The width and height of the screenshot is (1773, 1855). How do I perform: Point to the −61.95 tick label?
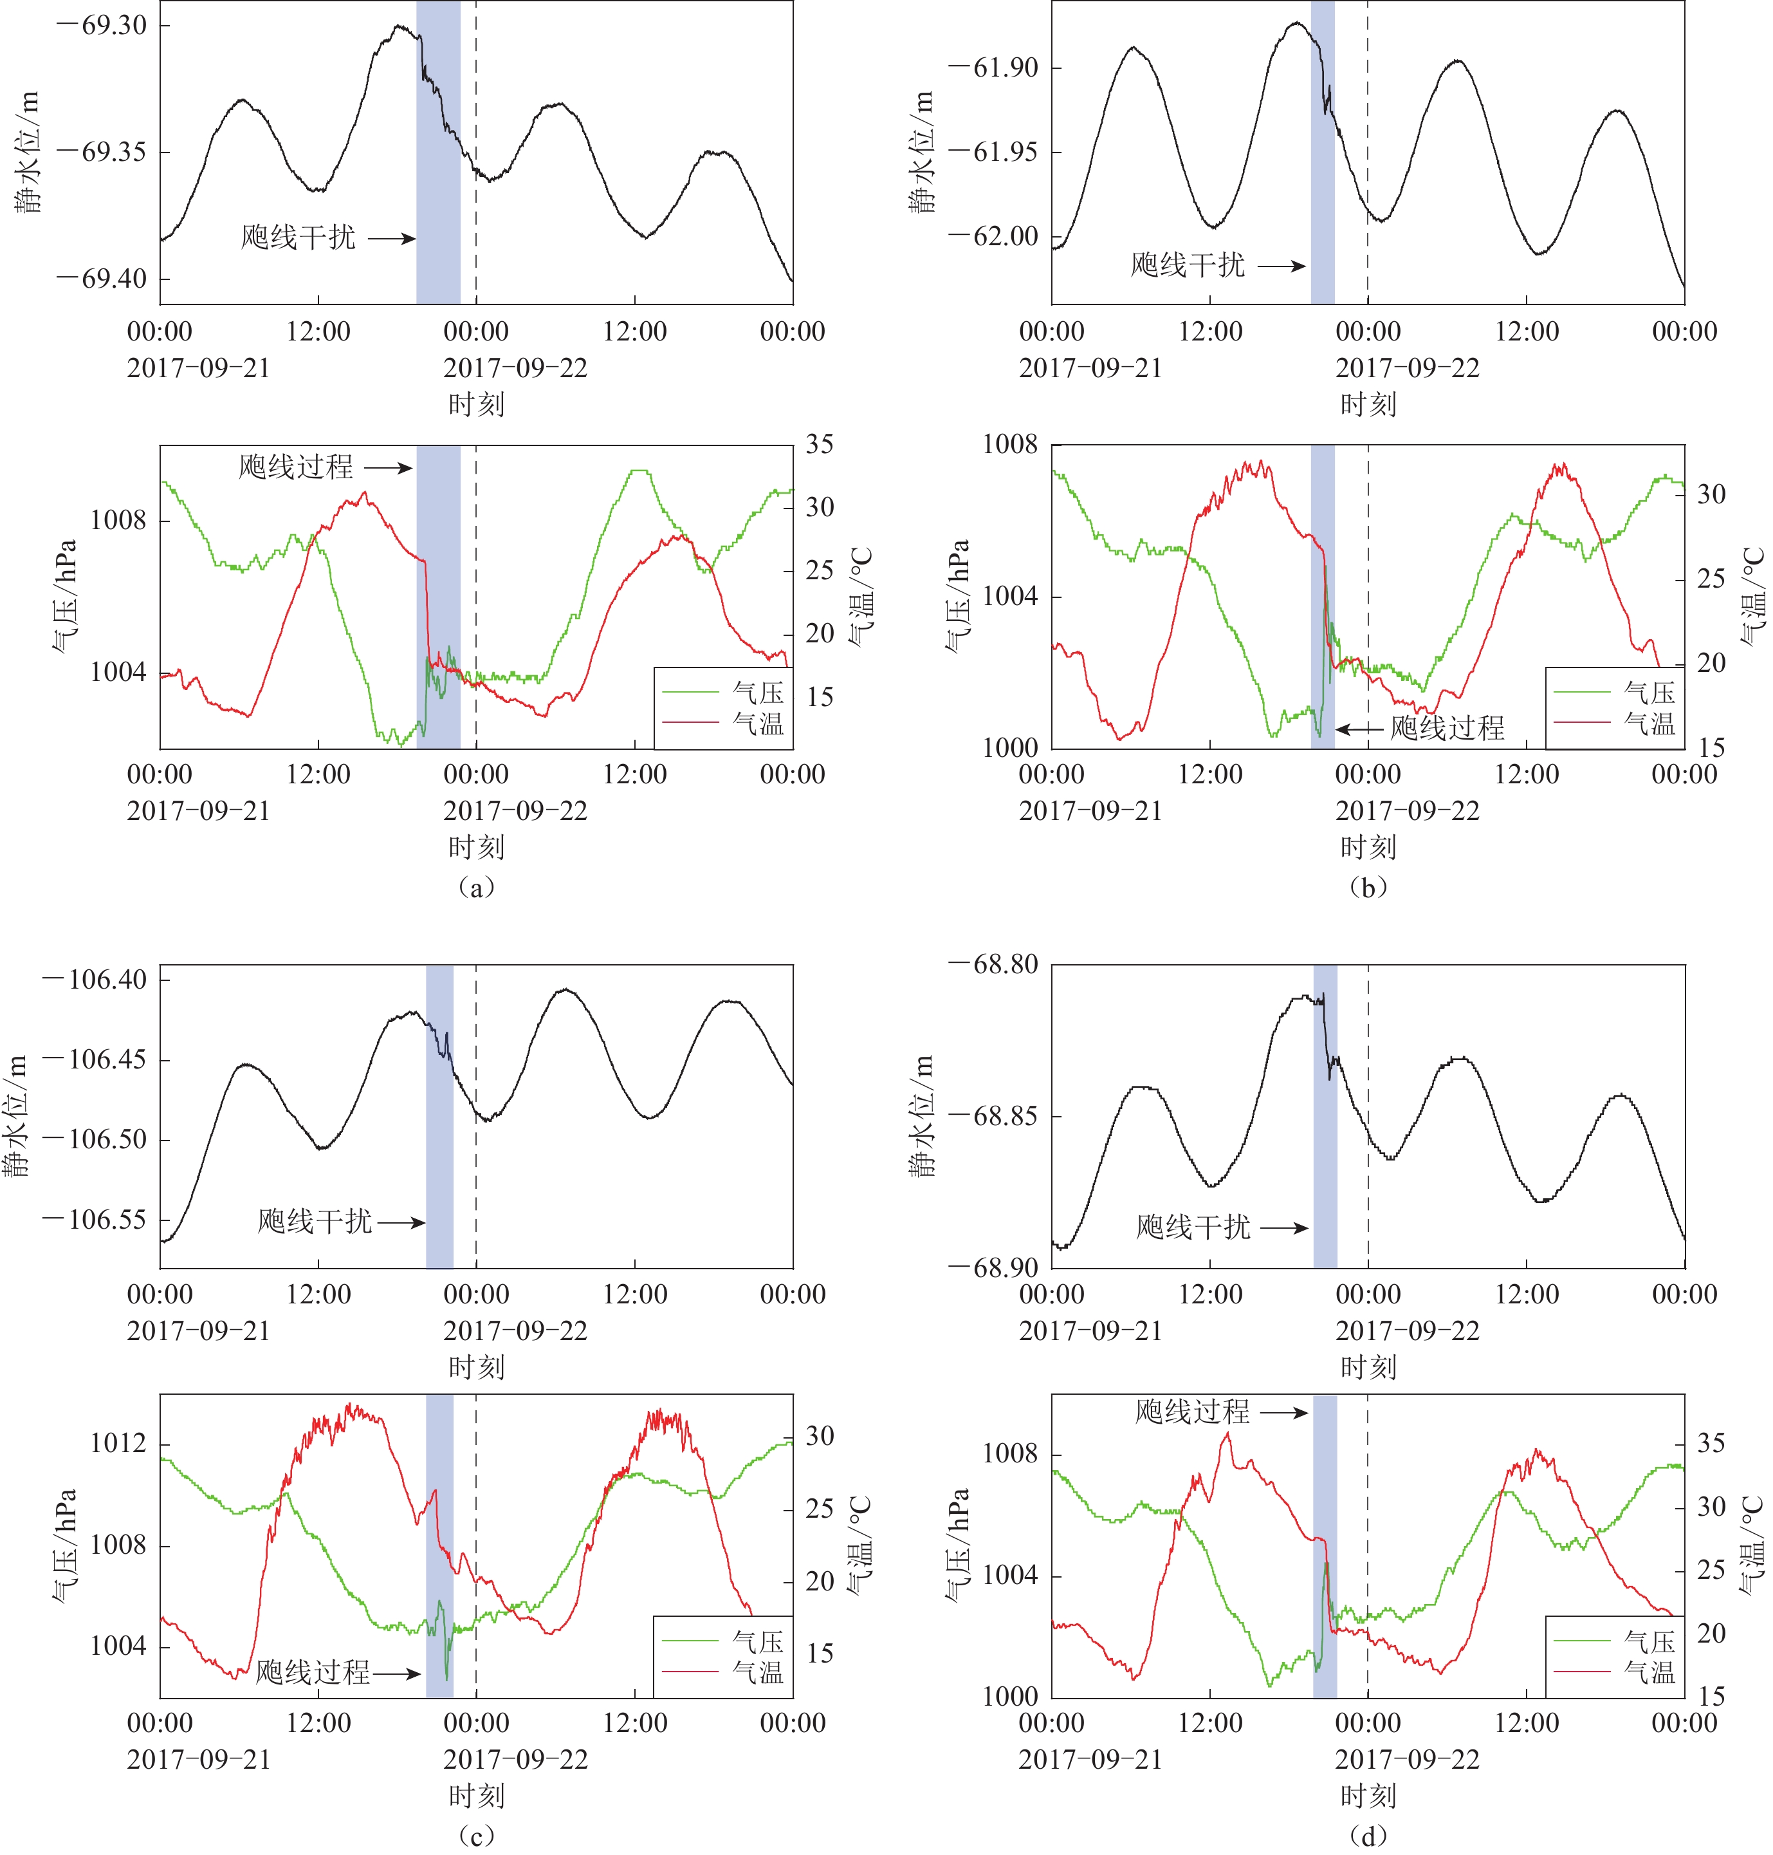click(x=993, y=152)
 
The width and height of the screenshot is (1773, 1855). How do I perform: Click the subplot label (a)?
click(x=475, y=887)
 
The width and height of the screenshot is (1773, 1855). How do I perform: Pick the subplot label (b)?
click(x=1368, y=887)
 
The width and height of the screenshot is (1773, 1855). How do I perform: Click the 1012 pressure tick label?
click(x=118, y=1443)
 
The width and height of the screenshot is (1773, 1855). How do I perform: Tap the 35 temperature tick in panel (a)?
click(x=820, y=444)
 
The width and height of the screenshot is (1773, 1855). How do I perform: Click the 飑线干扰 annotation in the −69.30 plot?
click(x=298, y=238)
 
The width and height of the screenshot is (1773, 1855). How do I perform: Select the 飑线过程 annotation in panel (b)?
click(x=1447, y=728)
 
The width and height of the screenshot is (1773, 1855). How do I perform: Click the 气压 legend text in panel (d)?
click(x=1649, y=1641)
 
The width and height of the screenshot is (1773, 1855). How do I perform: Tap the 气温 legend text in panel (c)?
click(x=758, y=1673)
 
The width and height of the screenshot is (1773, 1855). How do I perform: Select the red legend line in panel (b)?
click(x=1582, y=723)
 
